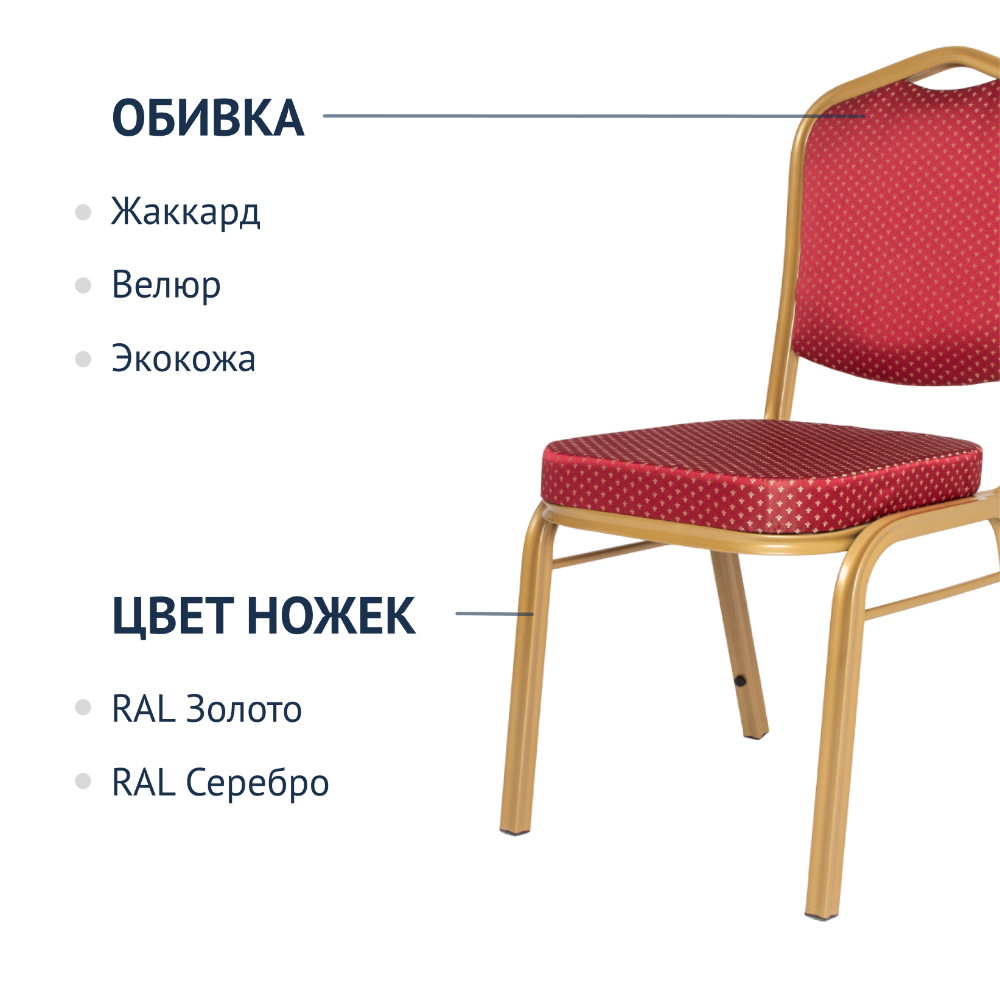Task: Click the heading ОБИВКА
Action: pyautogui.click(x=208, y=117)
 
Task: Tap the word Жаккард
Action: pyautogui.click(x=186, y=212)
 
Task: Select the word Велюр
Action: pyautogui.click(x=166, y=285)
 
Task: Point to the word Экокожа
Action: pyautogui.click(x=183, y=358)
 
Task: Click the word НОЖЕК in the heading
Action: pyautogui.click(x=331, y=616)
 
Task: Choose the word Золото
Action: pyautogui.click(x=243, y=709)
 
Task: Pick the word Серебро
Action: pyautogui.click(x=257, y=784)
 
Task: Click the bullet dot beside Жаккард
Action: pyautogui.click(x=83, y=212)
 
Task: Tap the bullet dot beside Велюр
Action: pyautogui.click(x=83, y=285)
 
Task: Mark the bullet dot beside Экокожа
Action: pyautogui.click(x=83, y=359)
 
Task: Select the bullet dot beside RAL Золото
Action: pyautogui.click(x=83, y=708)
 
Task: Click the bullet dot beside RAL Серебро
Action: pyautogui.click(x=83, y=781)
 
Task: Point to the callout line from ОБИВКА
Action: pyautogui.click(x=593, y=116)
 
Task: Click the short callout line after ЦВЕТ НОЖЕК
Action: pyautogui.click(x=495, y=614)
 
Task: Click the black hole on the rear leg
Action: pyautogui.click(x=740, y=680)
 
